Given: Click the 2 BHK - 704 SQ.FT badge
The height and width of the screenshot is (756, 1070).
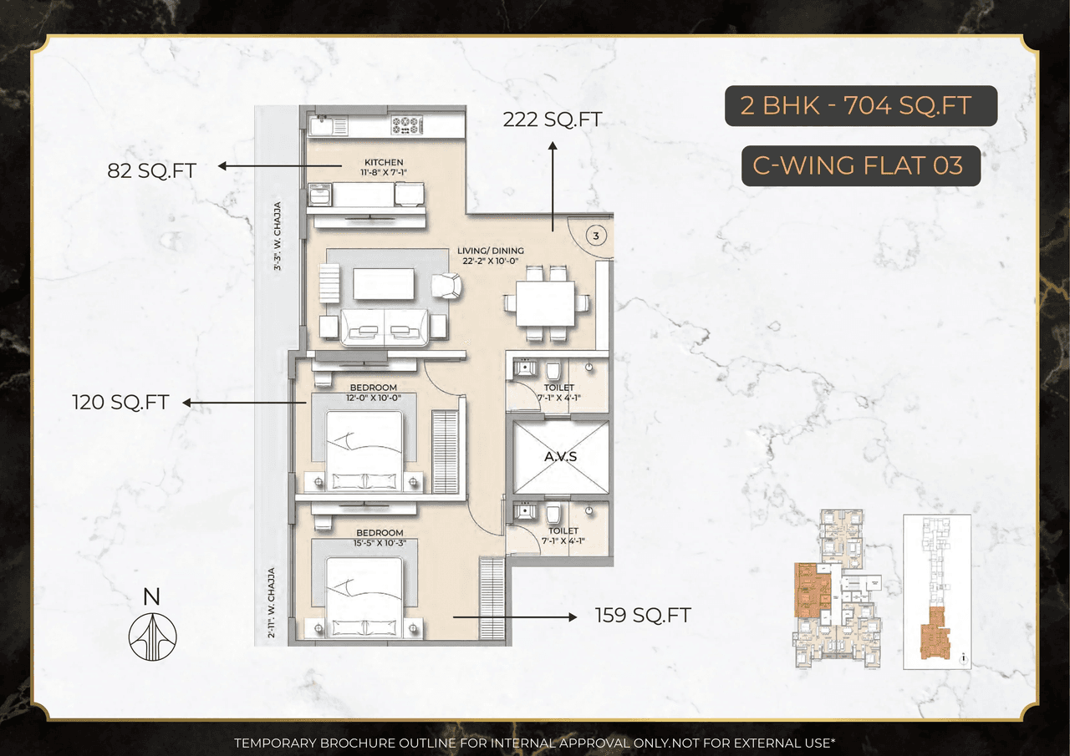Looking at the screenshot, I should (860, 106).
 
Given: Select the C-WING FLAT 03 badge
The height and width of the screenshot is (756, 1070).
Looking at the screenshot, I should (860, 165).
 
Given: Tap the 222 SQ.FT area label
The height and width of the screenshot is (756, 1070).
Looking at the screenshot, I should (552, 119).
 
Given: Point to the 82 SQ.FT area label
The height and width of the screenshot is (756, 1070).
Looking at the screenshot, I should (151, 170).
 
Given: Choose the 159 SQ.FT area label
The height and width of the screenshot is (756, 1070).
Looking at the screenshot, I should (643, 616).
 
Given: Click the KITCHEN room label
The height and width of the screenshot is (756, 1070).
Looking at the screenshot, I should (384, 162).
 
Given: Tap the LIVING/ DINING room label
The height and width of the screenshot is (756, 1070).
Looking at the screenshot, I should (491, 251).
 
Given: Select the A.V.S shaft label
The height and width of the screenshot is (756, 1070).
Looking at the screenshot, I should (561, 456).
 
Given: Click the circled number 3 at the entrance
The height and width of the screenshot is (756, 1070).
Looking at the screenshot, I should (595, 236).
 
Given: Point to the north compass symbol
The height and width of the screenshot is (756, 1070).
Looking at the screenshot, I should (152, 631).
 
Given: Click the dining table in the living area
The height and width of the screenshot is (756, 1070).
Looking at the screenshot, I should (545, 302).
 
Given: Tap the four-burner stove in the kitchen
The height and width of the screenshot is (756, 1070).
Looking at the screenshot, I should (405, 125).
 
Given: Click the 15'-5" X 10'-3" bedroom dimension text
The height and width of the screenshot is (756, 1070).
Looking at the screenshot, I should (380, 542).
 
